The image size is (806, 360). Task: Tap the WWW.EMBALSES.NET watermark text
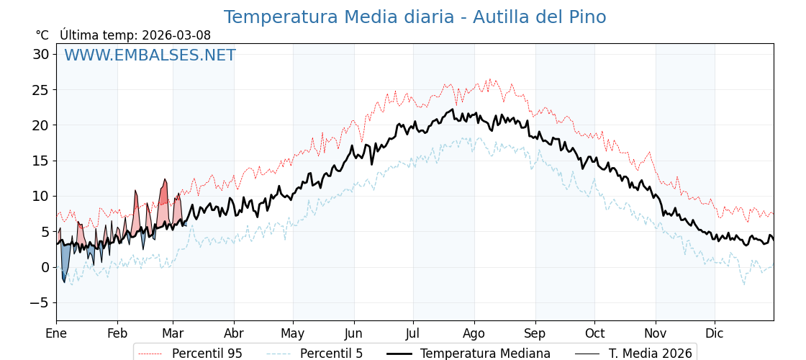[x=150, y=55]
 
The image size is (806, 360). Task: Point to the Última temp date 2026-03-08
[x=176, y=35]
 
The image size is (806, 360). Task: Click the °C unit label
[x=42, y=35]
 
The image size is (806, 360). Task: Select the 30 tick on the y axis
[x=40, y=54]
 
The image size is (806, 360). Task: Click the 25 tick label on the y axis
[x=40, y=90]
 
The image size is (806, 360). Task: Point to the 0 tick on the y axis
[x=45, y=267]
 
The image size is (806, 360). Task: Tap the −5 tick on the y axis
[x=39, y=302]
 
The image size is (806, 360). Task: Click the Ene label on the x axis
[x=56, y=333]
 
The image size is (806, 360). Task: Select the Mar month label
[x=173, y=333]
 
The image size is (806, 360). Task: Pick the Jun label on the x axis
[x=354, y=333]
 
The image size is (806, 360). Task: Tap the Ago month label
[x=474, y=333]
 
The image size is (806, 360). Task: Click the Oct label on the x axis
[x=594, y=333]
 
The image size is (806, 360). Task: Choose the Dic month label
[x=715, y=333]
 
